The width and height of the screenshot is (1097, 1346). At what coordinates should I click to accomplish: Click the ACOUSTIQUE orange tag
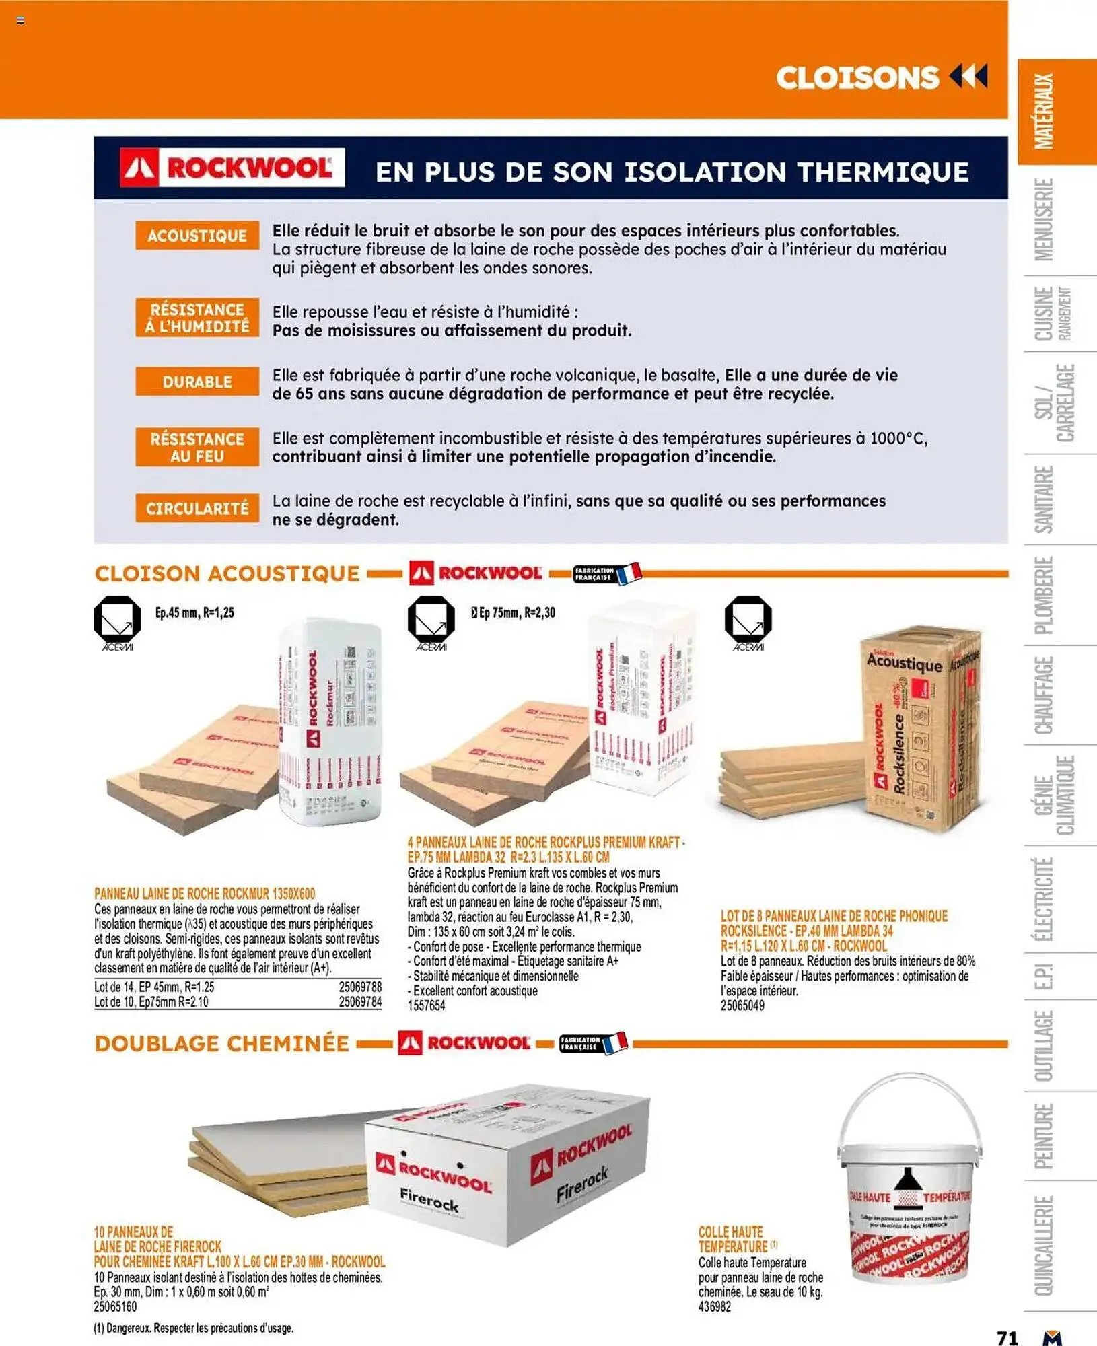click(197, 236)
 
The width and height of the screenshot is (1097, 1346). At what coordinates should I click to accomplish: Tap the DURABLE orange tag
click(197, 382)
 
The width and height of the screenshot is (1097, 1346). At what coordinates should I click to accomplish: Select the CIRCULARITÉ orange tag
click(197, 509)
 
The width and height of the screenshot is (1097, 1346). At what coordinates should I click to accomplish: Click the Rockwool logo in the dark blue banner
click(232, 168)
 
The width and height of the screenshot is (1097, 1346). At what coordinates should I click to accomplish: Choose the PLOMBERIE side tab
click(1044, 595)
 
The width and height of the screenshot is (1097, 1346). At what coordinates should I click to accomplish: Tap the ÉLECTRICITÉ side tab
click(1044, 899)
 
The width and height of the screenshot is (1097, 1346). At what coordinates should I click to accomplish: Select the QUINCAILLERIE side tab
click(1044, 1245)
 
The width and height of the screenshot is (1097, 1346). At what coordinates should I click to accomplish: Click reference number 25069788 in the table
click(360, 987)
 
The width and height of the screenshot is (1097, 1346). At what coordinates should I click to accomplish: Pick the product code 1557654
click(426, 1005)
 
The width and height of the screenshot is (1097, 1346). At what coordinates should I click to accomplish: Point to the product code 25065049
click(742, 1005)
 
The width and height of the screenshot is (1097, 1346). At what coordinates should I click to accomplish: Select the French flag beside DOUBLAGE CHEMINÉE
click(615, 1043)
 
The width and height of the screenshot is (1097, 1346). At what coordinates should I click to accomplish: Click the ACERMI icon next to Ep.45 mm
click(117, 623)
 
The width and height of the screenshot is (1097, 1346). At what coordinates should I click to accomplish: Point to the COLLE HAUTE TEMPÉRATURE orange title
click(732, 1239)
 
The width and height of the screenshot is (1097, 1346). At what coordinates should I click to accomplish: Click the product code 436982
click(715, 1306)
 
